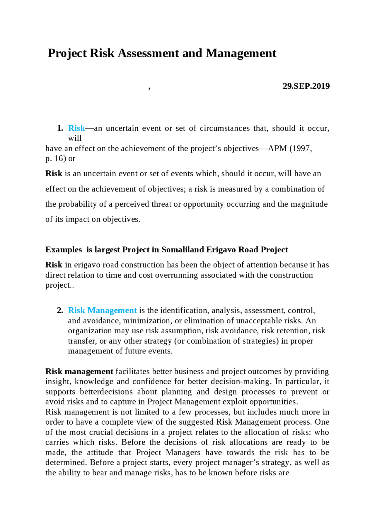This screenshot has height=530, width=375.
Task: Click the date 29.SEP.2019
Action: [306, 86]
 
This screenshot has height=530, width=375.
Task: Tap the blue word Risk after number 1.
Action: [76, 128]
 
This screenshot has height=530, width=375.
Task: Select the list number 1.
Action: [60, 128]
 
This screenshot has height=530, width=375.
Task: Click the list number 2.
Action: [60, 311]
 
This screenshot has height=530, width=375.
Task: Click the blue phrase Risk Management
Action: [102, 311]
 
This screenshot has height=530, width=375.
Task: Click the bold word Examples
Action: [64, 250]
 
